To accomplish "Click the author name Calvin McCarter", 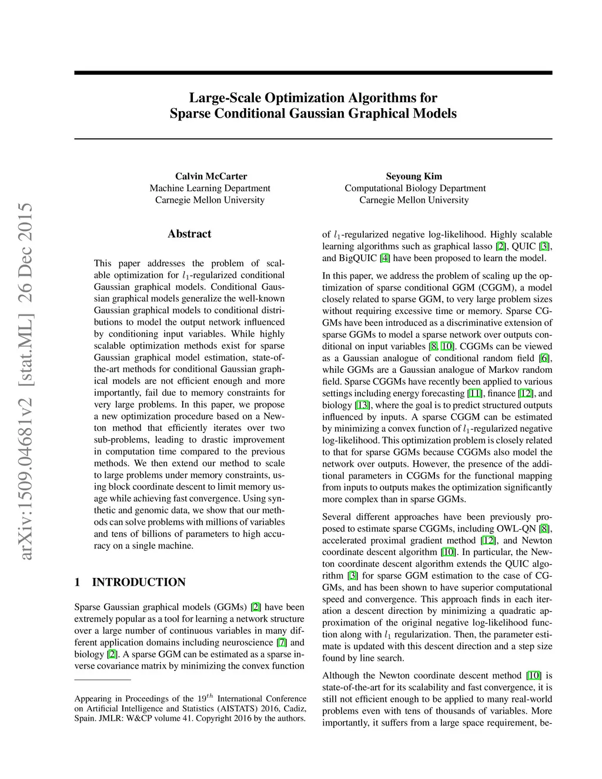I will pyautogui.click(x=210, y=176).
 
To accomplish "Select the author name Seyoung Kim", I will pyautogui.click(x=414, y=176).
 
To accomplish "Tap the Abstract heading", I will pyautogui.click(x=189, y=234).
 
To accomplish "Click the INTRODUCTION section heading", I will pyautogui.click(x=138, y=583).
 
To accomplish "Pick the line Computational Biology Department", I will pyautogui.click(x=415, y=188).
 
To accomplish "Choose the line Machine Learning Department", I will pyautogui.click(x=210, y=188).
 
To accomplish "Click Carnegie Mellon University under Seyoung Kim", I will pyautogui.click(x=414, y=200).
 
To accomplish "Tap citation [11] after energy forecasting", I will pyautogui.click(x=474, y=393).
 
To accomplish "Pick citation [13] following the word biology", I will pyautogui.click(x=362, y=405).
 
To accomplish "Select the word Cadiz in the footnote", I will pyautogui.click(x=294, y=708).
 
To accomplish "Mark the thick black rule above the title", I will pyautogui.click(x=313, y=73).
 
